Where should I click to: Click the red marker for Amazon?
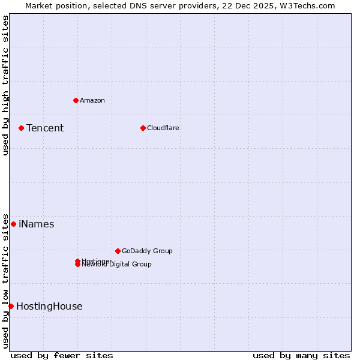click(x=76, y=100)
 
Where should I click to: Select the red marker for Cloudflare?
click(x=143, y=128)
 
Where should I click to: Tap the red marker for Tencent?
click(x=21, y=128)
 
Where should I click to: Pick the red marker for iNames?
click(x=13, y=224)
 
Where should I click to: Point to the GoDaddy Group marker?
click(x=118, y=251)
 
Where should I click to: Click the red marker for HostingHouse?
click(x=11, y=306)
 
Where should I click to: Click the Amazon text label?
click(x=92, y=100)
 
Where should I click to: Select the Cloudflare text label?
click(x=163, y=128)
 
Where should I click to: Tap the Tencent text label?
click(x=45, y=128)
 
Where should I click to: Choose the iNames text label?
click(x=37, y=224)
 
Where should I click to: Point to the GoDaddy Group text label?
click(x=147, y=251)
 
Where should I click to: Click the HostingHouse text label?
click(x=49, y=306)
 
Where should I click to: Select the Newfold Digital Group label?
click(x=117, y=265)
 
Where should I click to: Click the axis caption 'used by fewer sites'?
click(x=62, y=355)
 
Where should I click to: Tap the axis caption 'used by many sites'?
click(x=301, y=355)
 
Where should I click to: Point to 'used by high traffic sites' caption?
click(x=6, y=86)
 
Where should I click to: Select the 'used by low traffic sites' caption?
click(x=6, y=281)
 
